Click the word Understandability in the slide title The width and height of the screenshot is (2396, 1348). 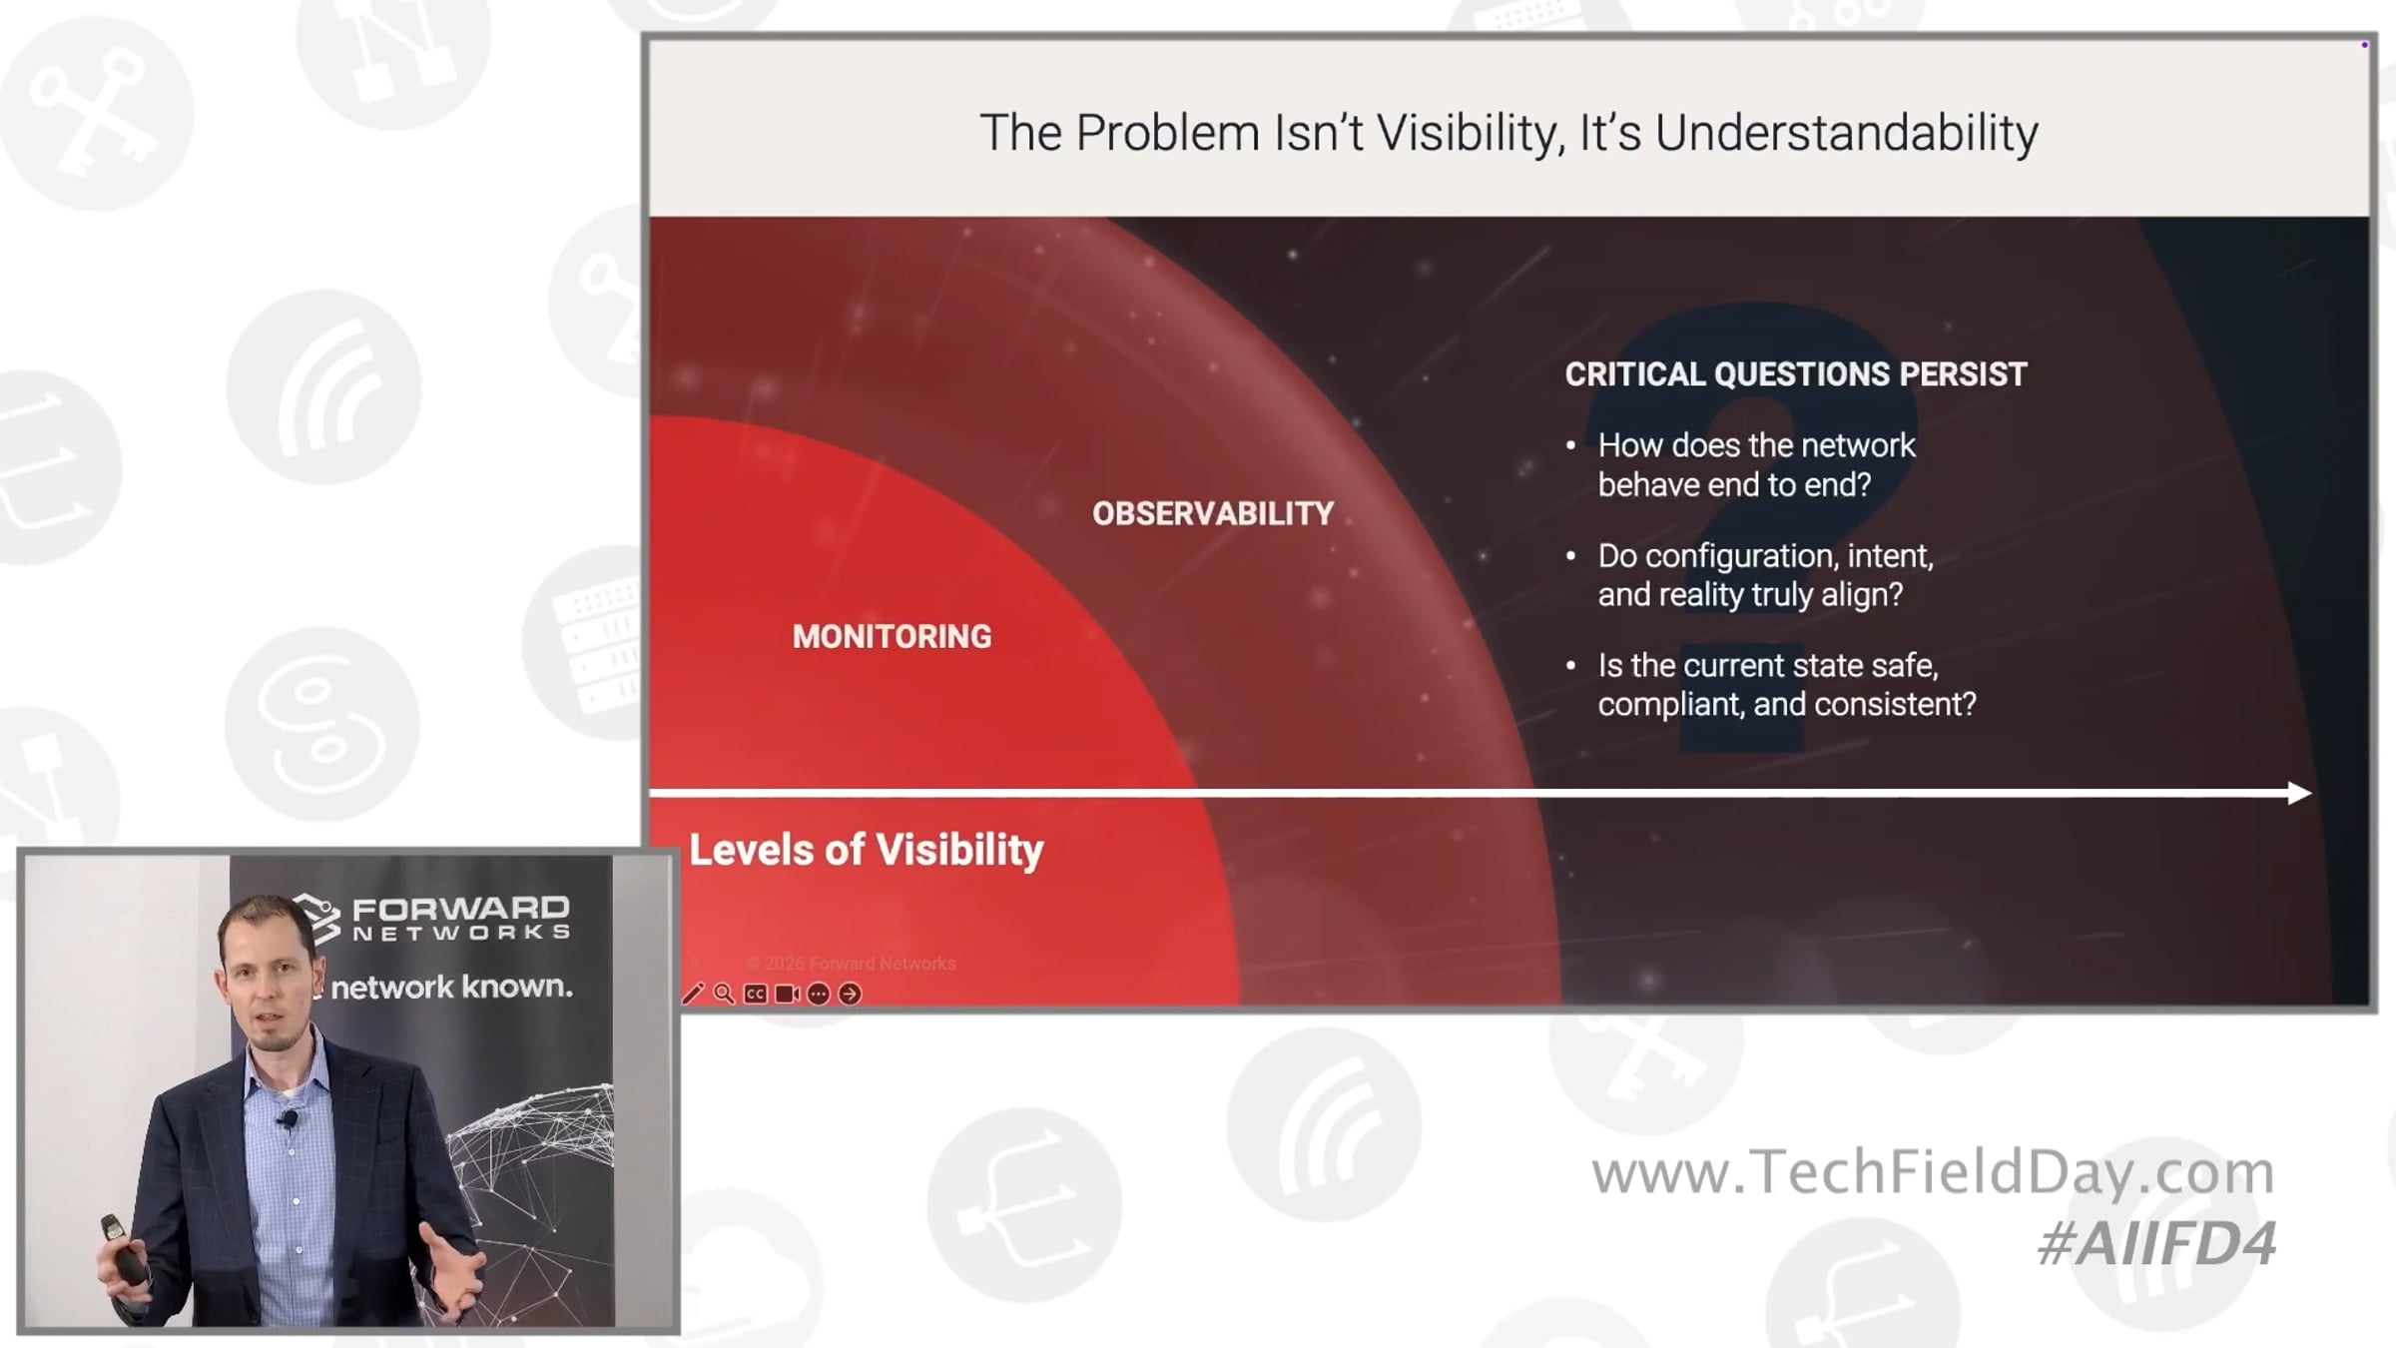pyautogui.click(x=1846, y=133)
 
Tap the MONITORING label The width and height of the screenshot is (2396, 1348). pyautogui.click(x=892, y=637)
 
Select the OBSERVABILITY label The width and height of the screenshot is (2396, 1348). pyautogui.click(x=1213, y=514)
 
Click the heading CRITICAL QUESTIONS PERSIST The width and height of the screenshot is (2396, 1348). pyautogui.click(x=1795, y=374)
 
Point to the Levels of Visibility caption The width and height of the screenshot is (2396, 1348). pyautogui.click(x=866, y=851)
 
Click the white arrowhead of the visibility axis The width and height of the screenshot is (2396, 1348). pyautogui.click(x=2299, y=793)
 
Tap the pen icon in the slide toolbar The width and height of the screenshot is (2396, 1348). pyautogui.click(x=693, y=994)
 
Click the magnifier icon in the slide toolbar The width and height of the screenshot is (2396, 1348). pyautogui.click(x=724, y=994)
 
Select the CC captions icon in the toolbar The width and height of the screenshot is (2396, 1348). pyautogui.click(x=756, y=995)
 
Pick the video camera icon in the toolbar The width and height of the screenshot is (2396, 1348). pyautogui.click(x=787, y=995)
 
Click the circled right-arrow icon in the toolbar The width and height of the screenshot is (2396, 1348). pyautogui.click(x=850, y=995)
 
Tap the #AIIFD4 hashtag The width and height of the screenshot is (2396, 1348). pyautogui.click(x=2156, y=1244)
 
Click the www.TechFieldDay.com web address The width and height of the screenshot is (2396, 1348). pyautogui.click(x=1933, y=1172)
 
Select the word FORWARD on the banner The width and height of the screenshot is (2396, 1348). pyautogui.click(x=460, y=909)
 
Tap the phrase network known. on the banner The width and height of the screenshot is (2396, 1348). pyautogui.click(x=451, y=988)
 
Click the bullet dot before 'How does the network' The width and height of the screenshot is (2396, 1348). pyautogui.click(x=1570, y=445)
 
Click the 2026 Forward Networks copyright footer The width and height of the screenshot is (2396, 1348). pyautogui.click(x=851, y=964)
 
